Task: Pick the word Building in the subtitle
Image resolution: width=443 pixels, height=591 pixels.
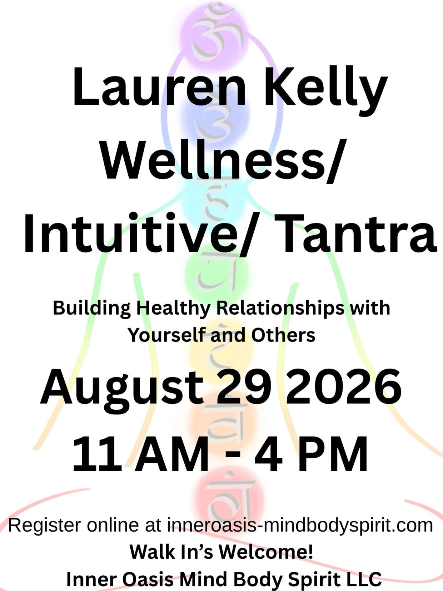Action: pyautogui.click(x=92, y=309)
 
